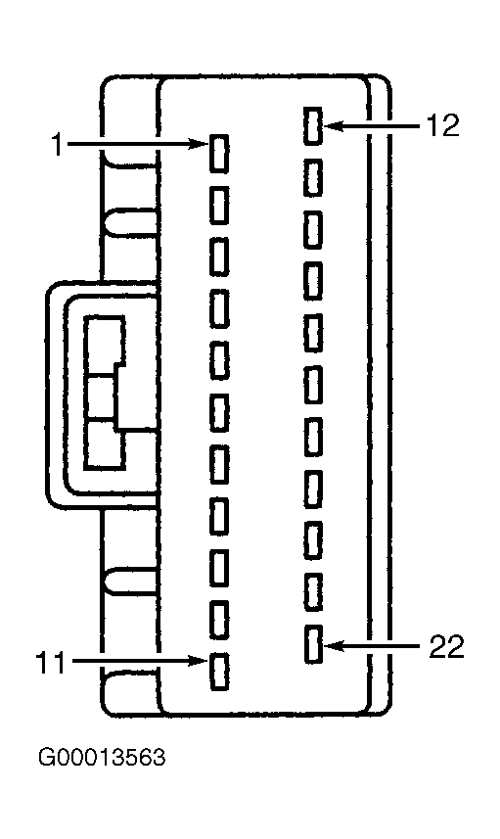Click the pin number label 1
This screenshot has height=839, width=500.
[x=57, y=145]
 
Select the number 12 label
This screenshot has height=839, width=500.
[x=443, y=126]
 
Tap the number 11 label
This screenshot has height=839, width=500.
[x=50, y=663]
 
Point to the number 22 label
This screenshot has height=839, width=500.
[x=446, y=646]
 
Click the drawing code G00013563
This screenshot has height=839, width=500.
[x=102, y=758]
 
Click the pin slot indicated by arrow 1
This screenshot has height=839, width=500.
[x=219, y=154]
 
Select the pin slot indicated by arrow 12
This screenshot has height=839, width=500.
[x=313, y=125]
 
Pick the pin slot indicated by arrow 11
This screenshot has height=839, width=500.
[x=219, y=671]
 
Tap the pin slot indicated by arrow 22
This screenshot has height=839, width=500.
[x=313, y=644]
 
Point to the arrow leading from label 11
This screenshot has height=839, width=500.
[x=140, y=662]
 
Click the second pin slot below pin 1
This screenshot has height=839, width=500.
[x=219, y=257]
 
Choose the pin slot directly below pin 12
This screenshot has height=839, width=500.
[x=313, y=177]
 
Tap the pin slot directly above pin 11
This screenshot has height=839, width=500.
[x=219, y=620]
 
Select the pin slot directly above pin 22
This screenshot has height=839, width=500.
[x=313, y=592]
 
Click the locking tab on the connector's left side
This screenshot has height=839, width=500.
[x=55, y=394]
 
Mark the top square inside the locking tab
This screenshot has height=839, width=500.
[x=106, y=346]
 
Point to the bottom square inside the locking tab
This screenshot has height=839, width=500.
[x=105, y=445]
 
